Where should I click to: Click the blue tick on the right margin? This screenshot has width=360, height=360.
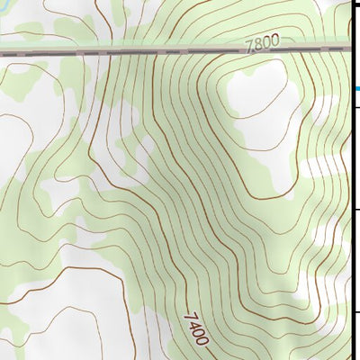[x=356, y=88]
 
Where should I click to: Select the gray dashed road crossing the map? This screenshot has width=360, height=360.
[x=135, y=52]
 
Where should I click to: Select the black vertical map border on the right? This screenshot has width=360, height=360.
[x=350, y=180]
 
